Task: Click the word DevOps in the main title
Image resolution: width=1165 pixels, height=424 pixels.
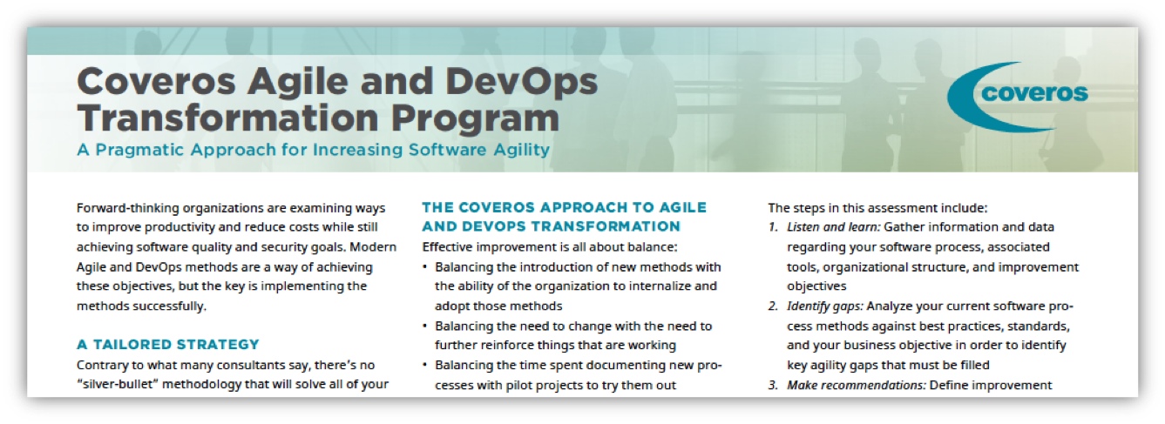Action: tap(521, 83)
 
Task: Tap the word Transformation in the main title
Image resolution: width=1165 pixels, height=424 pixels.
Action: tap(227, 118)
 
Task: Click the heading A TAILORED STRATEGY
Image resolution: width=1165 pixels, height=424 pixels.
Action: tap(168, 345)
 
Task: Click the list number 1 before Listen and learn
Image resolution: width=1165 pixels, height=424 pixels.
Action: tap(773, 227)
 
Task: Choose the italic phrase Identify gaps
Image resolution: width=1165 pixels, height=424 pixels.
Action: tap(825, 306)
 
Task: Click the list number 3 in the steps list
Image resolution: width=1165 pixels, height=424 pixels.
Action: tap(773, 385)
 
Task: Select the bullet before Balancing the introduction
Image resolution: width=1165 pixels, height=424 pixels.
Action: tap(425, 267)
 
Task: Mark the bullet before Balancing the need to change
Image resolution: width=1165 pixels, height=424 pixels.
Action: tap(425, 326)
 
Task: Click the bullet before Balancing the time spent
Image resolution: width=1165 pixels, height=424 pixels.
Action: tap(425, 366)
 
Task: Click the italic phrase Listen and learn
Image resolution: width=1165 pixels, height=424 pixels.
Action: tap(833, 227)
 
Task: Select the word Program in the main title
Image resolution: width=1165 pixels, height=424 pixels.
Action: tap(476, 119)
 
